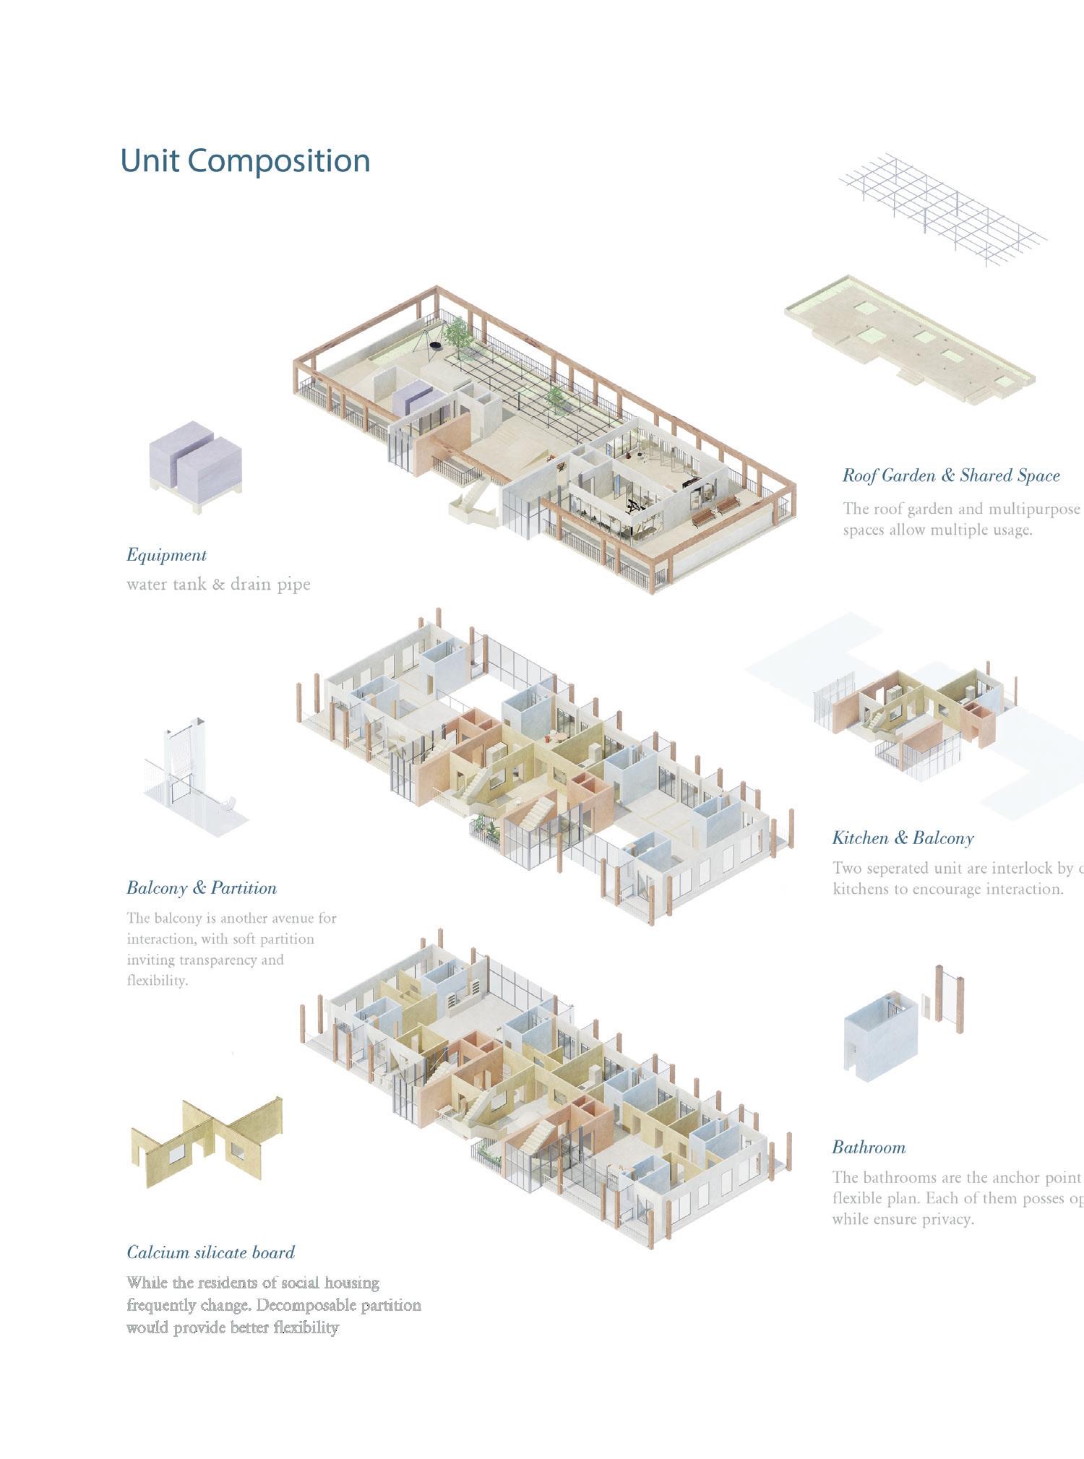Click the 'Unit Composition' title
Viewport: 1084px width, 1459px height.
point(245,160)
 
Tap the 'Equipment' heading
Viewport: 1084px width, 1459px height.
point(166,555)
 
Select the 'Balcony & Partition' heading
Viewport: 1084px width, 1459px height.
point(202,888)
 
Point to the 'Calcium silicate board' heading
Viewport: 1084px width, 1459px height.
point(211,1252)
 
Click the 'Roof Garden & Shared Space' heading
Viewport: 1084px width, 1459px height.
point(951,475)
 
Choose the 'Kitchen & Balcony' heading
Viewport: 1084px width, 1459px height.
point(903,838)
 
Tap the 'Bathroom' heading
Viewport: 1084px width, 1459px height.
point(869,1148)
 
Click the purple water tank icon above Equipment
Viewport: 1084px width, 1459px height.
point(195,463)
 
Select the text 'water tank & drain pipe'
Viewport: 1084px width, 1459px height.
point(218,584)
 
